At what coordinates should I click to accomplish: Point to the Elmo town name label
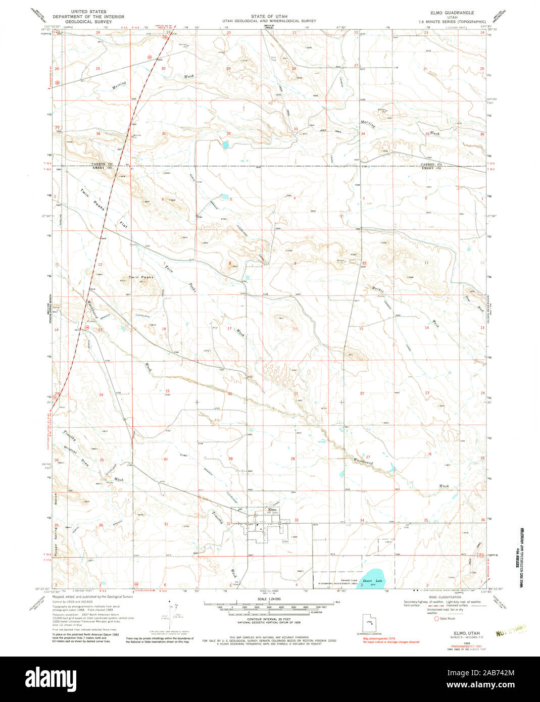point(272,510)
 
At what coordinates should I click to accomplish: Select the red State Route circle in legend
point(437,618)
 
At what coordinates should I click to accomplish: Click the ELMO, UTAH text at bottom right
point(466,632)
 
